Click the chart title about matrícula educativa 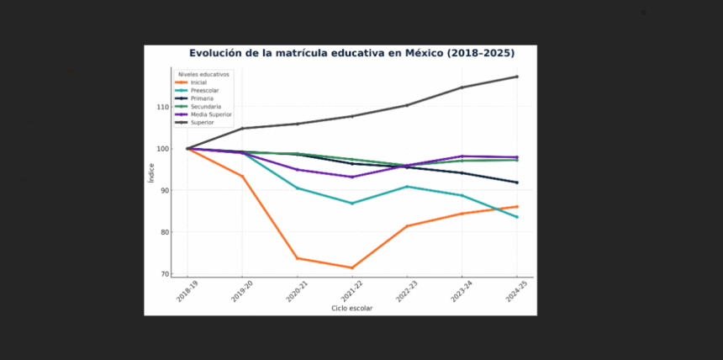[351, 53]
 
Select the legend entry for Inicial [198, 82]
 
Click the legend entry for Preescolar [204, 90]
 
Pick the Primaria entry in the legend [203, 98]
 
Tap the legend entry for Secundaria [206, 107]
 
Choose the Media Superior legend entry [211, 114]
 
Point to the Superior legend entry [202, 123]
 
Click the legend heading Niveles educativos [203, 74]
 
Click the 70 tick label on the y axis [163, 274]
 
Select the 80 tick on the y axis [163, 232]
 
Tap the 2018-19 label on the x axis [187, 292]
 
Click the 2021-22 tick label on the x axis [352, 292]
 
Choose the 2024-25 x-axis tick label [516, 292]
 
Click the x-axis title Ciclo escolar [351, 309]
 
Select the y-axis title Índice [151, 172]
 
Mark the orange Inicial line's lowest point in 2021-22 [352, 267]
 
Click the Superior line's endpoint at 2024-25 [516, 77]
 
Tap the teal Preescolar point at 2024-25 [516, 217]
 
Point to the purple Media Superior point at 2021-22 [352, 177]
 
